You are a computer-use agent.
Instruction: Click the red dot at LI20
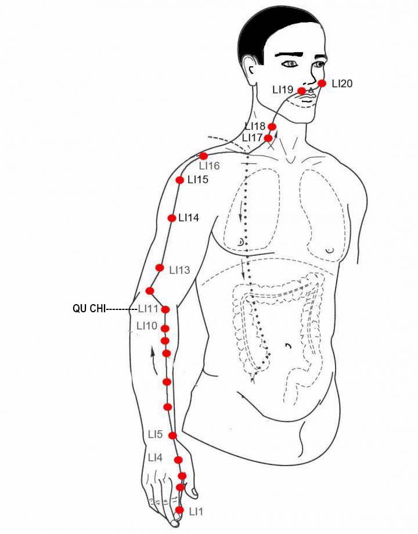pyautogui.click(x=322, y=83)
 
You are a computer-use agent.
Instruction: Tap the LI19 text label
pyautogui.click(x=283, y=89)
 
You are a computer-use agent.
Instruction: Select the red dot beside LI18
pyautogui.click(x=272, y=127)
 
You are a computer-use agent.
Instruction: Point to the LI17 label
pyautogui.click(x=253, y=138)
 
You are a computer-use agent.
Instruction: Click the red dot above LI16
pyautogui.click(x=203, y=156)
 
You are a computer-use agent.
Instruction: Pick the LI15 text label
pyautogui.click(x=198, y=179)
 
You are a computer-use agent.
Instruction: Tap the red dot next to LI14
pyautogui.click(x=172, y=218)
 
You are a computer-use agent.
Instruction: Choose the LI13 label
pyautogui.click(x=179, y=270)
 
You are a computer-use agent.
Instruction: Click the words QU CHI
pyautogui.click(x=89, y=309)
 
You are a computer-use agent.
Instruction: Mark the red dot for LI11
pyautogui.click(x=165, y=309)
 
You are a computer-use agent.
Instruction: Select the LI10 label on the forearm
pyautogui.click(x=147, y=326)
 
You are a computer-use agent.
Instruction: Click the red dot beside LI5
pyautogui.click(x=173, y=435)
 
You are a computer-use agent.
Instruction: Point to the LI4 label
pyautogui.click(x=156, y=458)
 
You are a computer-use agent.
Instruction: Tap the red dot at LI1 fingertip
pyautogui.click(x=179, y=510)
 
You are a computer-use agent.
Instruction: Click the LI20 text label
pyautogui.click(x=342, y=84)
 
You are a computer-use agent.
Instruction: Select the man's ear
pyautogui.click(x=250, y=70)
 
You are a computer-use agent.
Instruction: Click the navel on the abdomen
pyautogui.click(x=289, y=347)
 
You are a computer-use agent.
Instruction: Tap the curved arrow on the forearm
pyautogui.click(x=154, y=360)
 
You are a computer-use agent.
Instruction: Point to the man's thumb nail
pyautogui.click(x=194, y=492)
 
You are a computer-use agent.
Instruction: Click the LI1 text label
pyautogui.click(x=196, y=511)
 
